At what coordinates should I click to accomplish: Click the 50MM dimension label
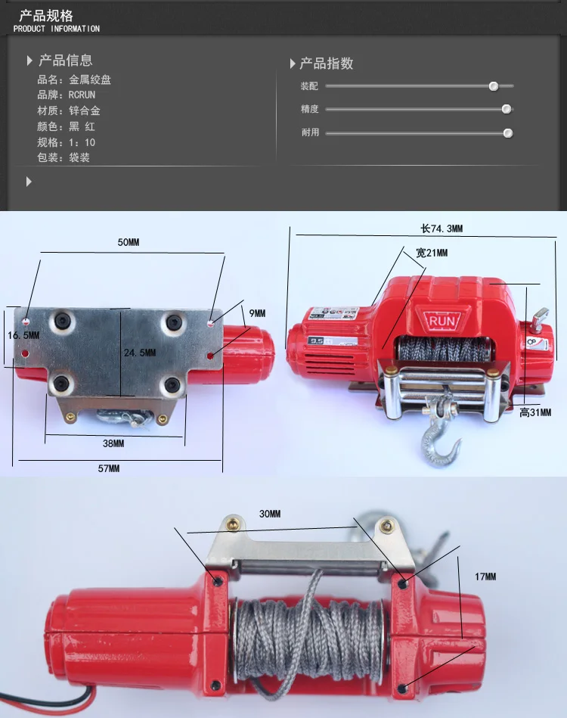[128, 242]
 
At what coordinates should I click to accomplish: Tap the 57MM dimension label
[108, 468]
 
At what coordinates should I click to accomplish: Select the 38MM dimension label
[113, 443]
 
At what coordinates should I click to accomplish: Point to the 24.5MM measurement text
[140, 353]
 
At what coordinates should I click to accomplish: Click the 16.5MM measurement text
[23, 335]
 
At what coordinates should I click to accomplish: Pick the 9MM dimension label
[257, 313]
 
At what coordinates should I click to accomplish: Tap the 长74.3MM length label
[442, 228]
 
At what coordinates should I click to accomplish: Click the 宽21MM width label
[432, 253]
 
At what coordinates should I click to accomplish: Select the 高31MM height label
[535, 412]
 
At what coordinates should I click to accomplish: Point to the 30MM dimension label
[270, 514]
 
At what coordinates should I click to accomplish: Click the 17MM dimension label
[485, 577]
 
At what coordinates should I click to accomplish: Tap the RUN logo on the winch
[442, 321]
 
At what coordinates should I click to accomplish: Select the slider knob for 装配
[494, 86]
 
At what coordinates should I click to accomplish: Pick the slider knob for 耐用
[507, 133]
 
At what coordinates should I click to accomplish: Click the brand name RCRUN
[82, 95]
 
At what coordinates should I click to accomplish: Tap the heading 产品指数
[327, 64]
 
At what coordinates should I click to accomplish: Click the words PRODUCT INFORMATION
[56, 29]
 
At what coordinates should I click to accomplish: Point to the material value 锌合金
[85, 110]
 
